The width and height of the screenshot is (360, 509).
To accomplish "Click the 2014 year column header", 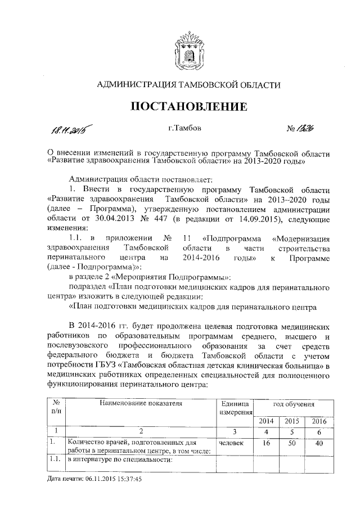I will (267, 421).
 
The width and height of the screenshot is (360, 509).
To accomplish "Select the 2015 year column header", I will (292, 421).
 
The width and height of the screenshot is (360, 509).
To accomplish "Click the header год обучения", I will (292, 404).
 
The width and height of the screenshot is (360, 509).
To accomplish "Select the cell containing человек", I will (231, 443).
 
